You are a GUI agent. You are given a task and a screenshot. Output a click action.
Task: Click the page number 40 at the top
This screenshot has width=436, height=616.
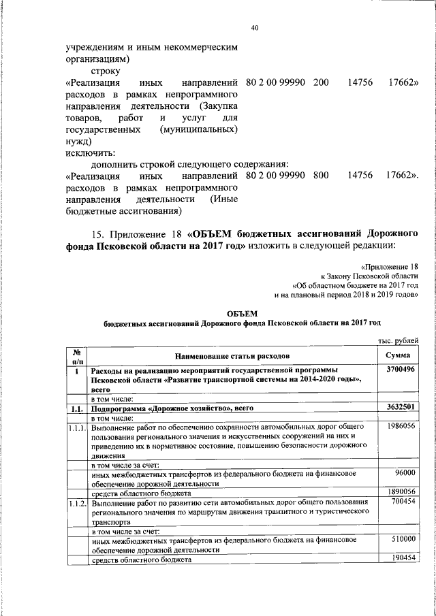point(255,28)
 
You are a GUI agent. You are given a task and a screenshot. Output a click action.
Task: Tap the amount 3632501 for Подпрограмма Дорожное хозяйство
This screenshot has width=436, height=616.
point(401,408)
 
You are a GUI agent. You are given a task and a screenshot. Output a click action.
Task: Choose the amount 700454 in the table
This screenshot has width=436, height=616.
point(403,502)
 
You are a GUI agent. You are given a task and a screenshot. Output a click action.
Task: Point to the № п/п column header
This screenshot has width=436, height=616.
point(78,355)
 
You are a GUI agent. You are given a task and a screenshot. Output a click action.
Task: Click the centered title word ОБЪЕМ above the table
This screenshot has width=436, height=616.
point(242,313)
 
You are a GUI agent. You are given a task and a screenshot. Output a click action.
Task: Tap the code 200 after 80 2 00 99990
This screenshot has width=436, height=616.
point(321,82)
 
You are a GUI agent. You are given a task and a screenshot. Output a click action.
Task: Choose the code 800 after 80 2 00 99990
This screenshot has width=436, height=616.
point(321,176)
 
